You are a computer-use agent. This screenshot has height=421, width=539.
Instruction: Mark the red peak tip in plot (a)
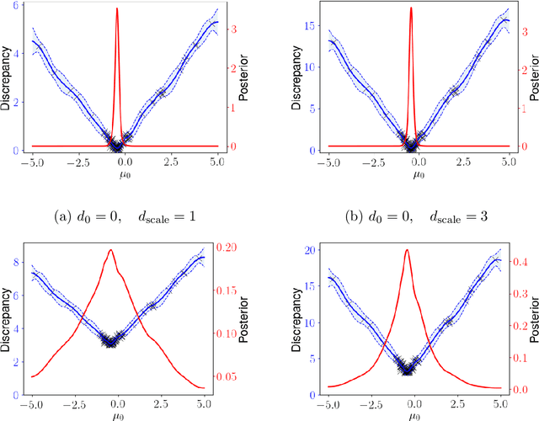[x=117, y=8]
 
